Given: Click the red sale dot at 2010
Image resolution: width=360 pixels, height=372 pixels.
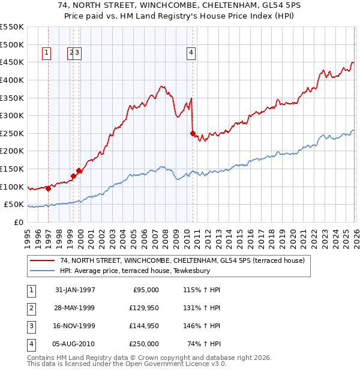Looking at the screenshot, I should coord(193,133).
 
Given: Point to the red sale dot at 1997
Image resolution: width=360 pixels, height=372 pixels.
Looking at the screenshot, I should coord(48,188).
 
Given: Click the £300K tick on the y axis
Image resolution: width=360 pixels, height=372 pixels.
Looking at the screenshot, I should coord(12,115).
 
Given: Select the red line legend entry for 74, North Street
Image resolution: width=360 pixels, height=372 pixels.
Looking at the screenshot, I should coord(182,260).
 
